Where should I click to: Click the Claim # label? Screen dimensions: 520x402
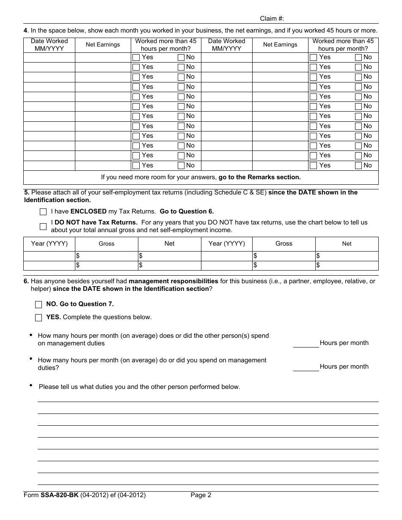click(x=272, y=19)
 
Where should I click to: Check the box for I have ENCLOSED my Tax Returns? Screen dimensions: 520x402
click(x=43, y=211)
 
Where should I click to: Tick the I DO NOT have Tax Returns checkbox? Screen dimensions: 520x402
click(x=43, y=226)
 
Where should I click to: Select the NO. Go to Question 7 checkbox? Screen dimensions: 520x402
click(x=39, y=304)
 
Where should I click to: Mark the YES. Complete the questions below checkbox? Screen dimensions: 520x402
click(x=39, y=317)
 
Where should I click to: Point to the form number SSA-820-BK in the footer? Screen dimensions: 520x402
click(x=59, y=495)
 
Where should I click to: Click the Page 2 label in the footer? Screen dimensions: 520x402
click(x=201, y=495)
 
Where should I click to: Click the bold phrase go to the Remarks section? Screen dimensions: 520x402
click(x=259, y=178)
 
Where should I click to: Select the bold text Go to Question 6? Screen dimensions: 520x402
click(x=187, y=211)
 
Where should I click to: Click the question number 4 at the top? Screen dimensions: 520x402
click(x=25, y=30)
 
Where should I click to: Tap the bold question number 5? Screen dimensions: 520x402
click(x=26, y=192)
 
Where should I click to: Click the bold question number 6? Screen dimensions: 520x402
click(x=26, y=281)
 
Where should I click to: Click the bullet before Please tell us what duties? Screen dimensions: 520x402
click(x=31, y=385)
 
